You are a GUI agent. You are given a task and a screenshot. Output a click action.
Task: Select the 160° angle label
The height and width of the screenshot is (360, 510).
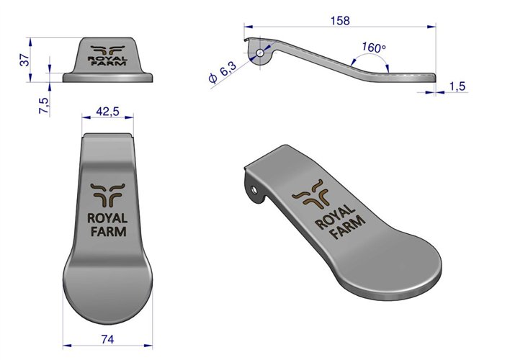(x=373, y=48)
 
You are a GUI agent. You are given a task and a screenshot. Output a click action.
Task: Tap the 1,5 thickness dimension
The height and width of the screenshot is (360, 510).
(x=457, y=86)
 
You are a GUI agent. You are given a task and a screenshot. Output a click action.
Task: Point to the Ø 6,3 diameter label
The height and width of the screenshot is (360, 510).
(x=222, y=72)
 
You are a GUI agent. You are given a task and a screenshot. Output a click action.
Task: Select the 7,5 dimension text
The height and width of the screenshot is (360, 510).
(x=43, y=104)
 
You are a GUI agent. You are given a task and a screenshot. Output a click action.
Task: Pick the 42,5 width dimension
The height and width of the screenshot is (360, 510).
(x=107, y=112)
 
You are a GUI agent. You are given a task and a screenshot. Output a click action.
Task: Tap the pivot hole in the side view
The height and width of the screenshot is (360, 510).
(x=259, y=52)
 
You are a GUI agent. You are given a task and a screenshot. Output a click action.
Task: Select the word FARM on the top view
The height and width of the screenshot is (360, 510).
(x=107, y=232)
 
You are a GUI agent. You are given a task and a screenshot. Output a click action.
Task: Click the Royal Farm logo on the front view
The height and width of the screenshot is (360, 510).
(x=107, y=56)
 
